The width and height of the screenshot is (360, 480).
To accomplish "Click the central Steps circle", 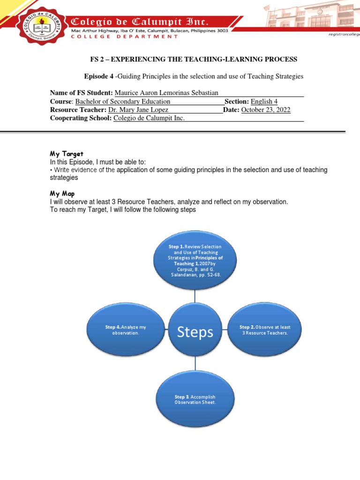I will [195, 332].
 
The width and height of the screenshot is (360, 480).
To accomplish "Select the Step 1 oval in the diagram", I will [195, 260].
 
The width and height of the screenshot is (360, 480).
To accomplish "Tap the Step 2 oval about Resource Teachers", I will [264, 330].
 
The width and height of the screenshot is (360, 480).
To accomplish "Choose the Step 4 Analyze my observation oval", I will [126, 330].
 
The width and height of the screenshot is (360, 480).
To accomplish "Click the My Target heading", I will [67, 154].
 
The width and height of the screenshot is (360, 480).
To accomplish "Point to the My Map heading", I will [62, 194].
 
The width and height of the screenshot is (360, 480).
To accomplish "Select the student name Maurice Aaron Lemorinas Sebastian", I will [166, 93].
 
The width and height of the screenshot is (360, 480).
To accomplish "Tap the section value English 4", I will [264, 101].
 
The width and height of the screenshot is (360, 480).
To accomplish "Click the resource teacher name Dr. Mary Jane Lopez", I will [138, 110].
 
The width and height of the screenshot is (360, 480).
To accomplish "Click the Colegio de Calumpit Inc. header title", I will [140, 22].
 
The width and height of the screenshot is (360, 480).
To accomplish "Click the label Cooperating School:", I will [81, 118].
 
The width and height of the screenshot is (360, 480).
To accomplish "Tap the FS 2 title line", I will [194, 59].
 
